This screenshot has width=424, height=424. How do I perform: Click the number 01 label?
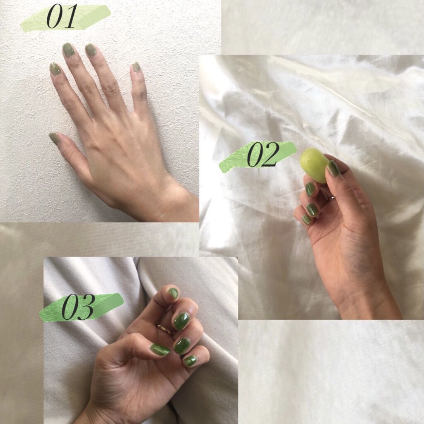(62, 17)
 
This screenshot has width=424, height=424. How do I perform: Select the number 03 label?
(78, 307)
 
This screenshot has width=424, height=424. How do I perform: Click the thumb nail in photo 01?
(53, 137)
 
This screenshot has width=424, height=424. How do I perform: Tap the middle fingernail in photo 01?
(68, 50)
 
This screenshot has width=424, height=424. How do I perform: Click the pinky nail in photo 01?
(136, 67)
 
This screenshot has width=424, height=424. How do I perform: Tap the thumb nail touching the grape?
(333, 168)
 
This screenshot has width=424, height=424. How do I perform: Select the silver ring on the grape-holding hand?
(331, 198)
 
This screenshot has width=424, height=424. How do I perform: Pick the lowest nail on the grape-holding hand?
(307, 219)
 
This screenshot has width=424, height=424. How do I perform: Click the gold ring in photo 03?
(166, 328)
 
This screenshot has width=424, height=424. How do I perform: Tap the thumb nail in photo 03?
(160, 349)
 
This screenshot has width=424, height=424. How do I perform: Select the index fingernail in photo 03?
(173, 292)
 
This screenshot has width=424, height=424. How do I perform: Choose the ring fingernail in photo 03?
(181, 345)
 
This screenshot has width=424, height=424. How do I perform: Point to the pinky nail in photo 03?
(190, 361)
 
